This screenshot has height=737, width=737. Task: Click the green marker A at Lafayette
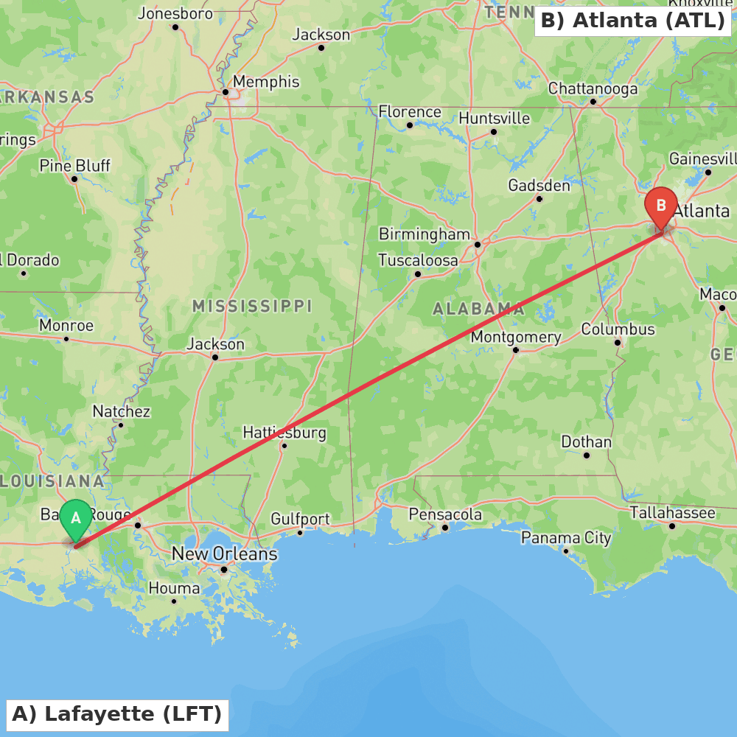coord(75,519)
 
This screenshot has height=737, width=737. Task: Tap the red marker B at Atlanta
coord(661,206)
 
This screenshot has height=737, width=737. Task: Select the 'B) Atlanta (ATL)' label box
coord(632,21)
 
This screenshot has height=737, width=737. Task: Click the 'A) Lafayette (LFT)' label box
coord(117,714)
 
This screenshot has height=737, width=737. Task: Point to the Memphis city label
coord(266,82)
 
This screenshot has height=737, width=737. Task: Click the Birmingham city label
coord(424,234)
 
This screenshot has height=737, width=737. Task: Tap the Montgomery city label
coord(516,337)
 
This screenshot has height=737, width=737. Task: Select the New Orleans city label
coord(224,553)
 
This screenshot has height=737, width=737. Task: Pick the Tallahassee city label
coord(672,512)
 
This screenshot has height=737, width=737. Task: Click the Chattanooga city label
coord(593,89)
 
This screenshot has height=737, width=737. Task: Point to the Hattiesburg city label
coord(284,433)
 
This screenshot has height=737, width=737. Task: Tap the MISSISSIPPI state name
coord(252,306)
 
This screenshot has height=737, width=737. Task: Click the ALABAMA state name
coord(478,309)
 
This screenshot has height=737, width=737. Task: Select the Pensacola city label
coord(445,514)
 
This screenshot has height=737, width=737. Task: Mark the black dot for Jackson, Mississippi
coord(215,357)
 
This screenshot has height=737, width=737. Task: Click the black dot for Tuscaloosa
coord(418,274)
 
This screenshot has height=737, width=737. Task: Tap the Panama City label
coord(566,538)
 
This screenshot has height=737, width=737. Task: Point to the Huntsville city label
coord(494,119)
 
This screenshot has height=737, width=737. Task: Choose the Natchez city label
coord(121,412)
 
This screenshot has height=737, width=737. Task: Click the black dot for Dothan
coord(587,455)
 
